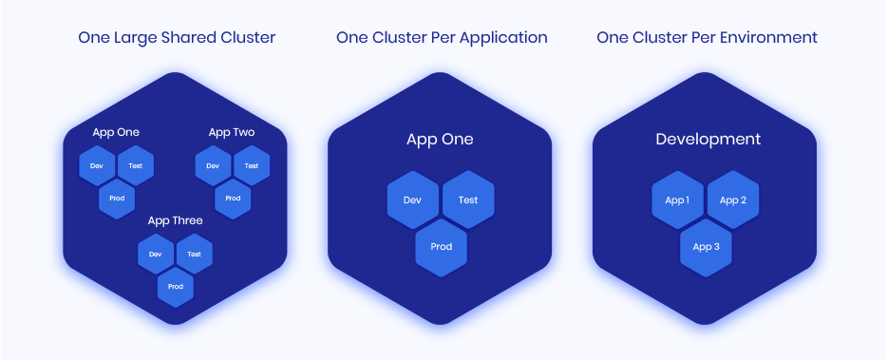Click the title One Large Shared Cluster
tap(177, 38)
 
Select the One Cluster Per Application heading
tap(442, 38)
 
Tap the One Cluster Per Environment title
tap(707, 38)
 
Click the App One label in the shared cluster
tap(116, 132)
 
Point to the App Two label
tap(232, 132)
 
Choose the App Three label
tap(175, 220)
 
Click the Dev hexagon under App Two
tap(213, 166)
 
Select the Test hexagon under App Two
tap(252, 166)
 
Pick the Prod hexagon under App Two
tap(233, 199)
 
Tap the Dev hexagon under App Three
tap(156, 255)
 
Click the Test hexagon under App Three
tap(194, 255)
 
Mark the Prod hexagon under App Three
tap(176, 287)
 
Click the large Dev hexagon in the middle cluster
tap(412, 200)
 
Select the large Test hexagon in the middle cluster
tap(468, 200)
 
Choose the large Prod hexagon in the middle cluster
tap(441, 247)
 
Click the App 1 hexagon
tap(677, 200)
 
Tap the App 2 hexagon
tap(733, 200)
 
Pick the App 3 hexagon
tap(706, 247)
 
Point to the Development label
tap(708, 140)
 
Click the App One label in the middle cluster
tap(440, 140)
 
